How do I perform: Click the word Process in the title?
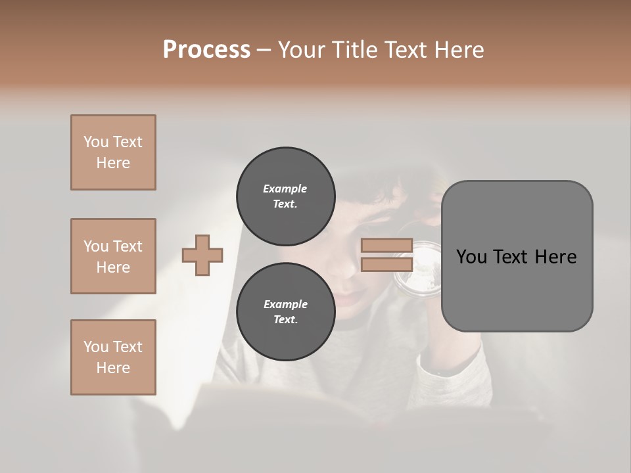click(206, 50)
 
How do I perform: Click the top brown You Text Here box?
click(113, 152)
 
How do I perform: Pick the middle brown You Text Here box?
click(113, 256)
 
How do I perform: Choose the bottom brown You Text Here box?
click(113, 357)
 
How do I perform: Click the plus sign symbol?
click(202, 255)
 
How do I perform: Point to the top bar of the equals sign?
click(386, 246)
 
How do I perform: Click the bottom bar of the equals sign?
click(386, 265)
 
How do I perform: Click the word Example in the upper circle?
click(285, 189)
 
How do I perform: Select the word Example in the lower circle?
click(285, 304)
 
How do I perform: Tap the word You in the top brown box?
click(95, 142)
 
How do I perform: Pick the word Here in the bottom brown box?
click(113, 368)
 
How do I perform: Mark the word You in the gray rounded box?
click(471, 257)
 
